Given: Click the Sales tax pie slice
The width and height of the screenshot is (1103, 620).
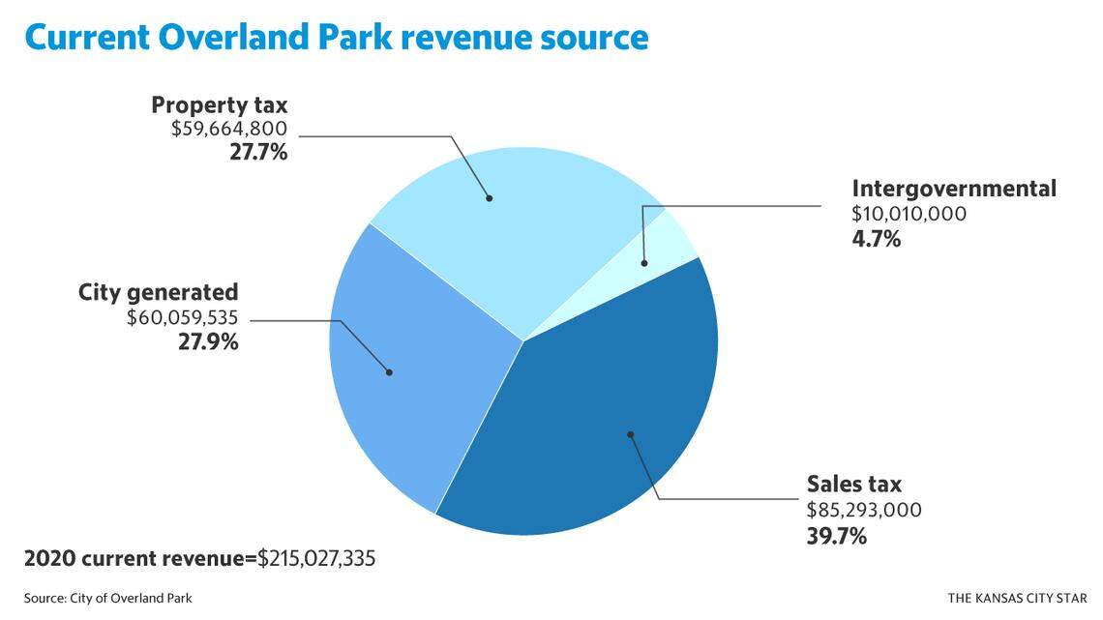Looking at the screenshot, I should tap(600, 426).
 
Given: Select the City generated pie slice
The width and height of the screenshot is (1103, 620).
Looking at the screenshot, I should tap(406, 368).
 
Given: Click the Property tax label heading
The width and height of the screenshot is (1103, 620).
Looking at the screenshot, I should tap(220, 104).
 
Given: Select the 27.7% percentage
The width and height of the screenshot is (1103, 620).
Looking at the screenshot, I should tap(258, 152).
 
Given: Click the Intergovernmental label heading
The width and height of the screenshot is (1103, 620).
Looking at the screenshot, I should tap(953, 189).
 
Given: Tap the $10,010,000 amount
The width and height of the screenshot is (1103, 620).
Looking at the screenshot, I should tap(909, 214).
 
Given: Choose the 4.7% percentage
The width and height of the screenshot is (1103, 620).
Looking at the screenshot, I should tap(877, 238).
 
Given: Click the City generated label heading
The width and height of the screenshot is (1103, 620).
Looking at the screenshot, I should tap(158, 292).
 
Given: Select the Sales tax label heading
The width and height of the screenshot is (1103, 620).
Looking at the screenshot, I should tap(854, 485).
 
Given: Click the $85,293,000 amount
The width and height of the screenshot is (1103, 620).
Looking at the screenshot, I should tap(864, 510).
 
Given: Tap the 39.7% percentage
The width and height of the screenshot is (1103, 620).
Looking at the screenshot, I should tap(836, 535).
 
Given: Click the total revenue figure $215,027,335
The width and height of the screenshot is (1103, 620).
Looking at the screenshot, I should tap(316, 559).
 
